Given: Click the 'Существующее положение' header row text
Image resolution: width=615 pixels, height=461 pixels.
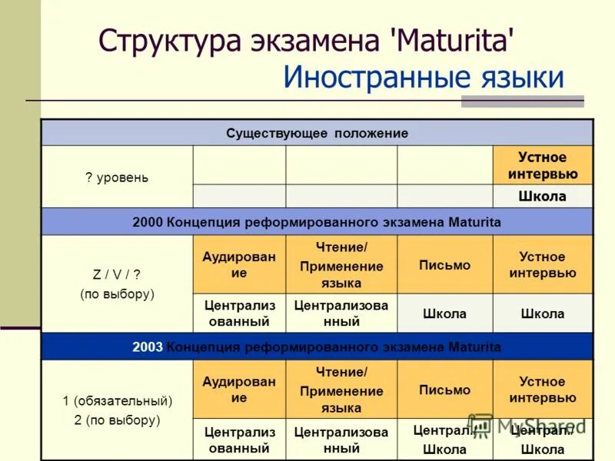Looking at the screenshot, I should click(317, 133).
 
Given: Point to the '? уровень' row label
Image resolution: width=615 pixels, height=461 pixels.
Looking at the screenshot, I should click(117, 177).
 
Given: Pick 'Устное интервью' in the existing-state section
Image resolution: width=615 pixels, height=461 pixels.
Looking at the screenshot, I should click(542, 165).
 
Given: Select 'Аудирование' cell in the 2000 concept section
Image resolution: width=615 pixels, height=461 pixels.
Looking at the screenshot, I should click(238, 264).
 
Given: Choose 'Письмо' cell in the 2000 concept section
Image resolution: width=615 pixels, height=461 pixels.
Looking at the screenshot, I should click(444, 264).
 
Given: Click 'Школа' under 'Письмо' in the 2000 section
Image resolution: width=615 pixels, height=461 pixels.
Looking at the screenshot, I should click(444, 313).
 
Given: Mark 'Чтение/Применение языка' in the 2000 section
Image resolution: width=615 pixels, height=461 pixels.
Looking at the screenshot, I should click(341, 264).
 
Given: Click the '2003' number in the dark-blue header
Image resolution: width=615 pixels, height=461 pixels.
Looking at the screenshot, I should click(148, 347).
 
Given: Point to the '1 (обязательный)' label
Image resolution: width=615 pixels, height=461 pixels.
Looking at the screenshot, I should click(117, 400).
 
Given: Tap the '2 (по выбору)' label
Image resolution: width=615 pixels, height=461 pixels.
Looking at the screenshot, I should click(117, 420).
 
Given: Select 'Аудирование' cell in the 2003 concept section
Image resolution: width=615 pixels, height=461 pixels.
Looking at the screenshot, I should click(238, 389).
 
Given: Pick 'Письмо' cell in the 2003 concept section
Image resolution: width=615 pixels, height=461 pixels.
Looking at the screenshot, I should click(444, 390).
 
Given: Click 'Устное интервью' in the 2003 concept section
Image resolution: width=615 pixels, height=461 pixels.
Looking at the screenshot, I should click(542, 390).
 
